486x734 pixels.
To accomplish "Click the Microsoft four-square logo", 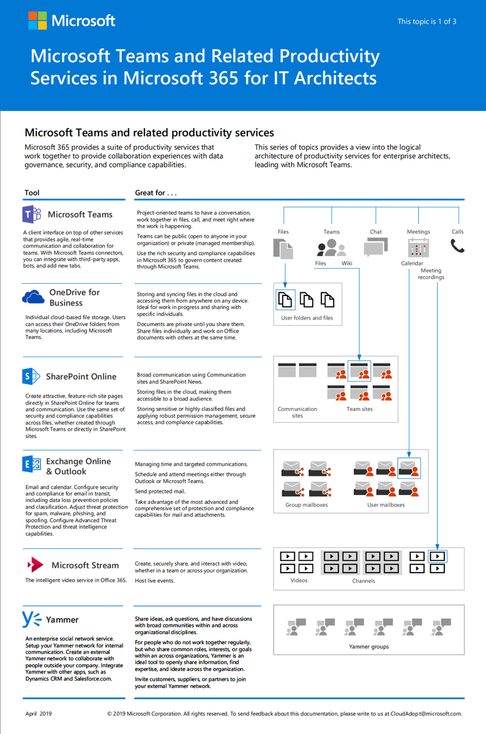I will [x=37, y=20].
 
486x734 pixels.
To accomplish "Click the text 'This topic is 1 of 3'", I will [x=427, y=21].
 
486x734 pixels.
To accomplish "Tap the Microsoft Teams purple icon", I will [x=32, y=215].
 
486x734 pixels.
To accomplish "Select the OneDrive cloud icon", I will [x=33, y=297].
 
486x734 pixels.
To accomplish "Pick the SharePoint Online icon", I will [x=31, y=376].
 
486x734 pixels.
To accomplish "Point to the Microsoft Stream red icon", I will [x=35, y=564].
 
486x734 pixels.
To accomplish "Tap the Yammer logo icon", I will [x=31, y=619].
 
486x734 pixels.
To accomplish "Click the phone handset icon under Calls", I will [x=457, y=246].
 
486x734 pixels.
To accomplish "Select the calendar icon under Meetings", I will [x=418, y=247].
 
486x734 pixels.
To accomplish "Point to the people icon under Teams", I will [x=331, y=247].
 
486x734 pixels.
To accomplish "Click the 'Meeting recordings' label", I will [x=431, y=274].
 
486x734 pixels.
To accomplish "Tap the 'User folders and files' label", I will [x=307, y=318].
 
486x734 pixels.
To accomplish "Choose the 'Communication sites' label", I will [x=297, y=412].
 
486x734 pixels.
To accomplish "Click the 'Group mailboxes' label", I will [x=307, y=505].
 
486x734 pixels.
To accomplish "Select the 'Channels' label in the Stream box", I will [x=364, y=580].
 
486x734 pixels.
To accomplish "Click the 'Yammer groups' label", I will [x=368, y=647].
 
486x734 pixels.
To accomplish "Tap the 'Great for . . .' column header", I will [x=156, y=193].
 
